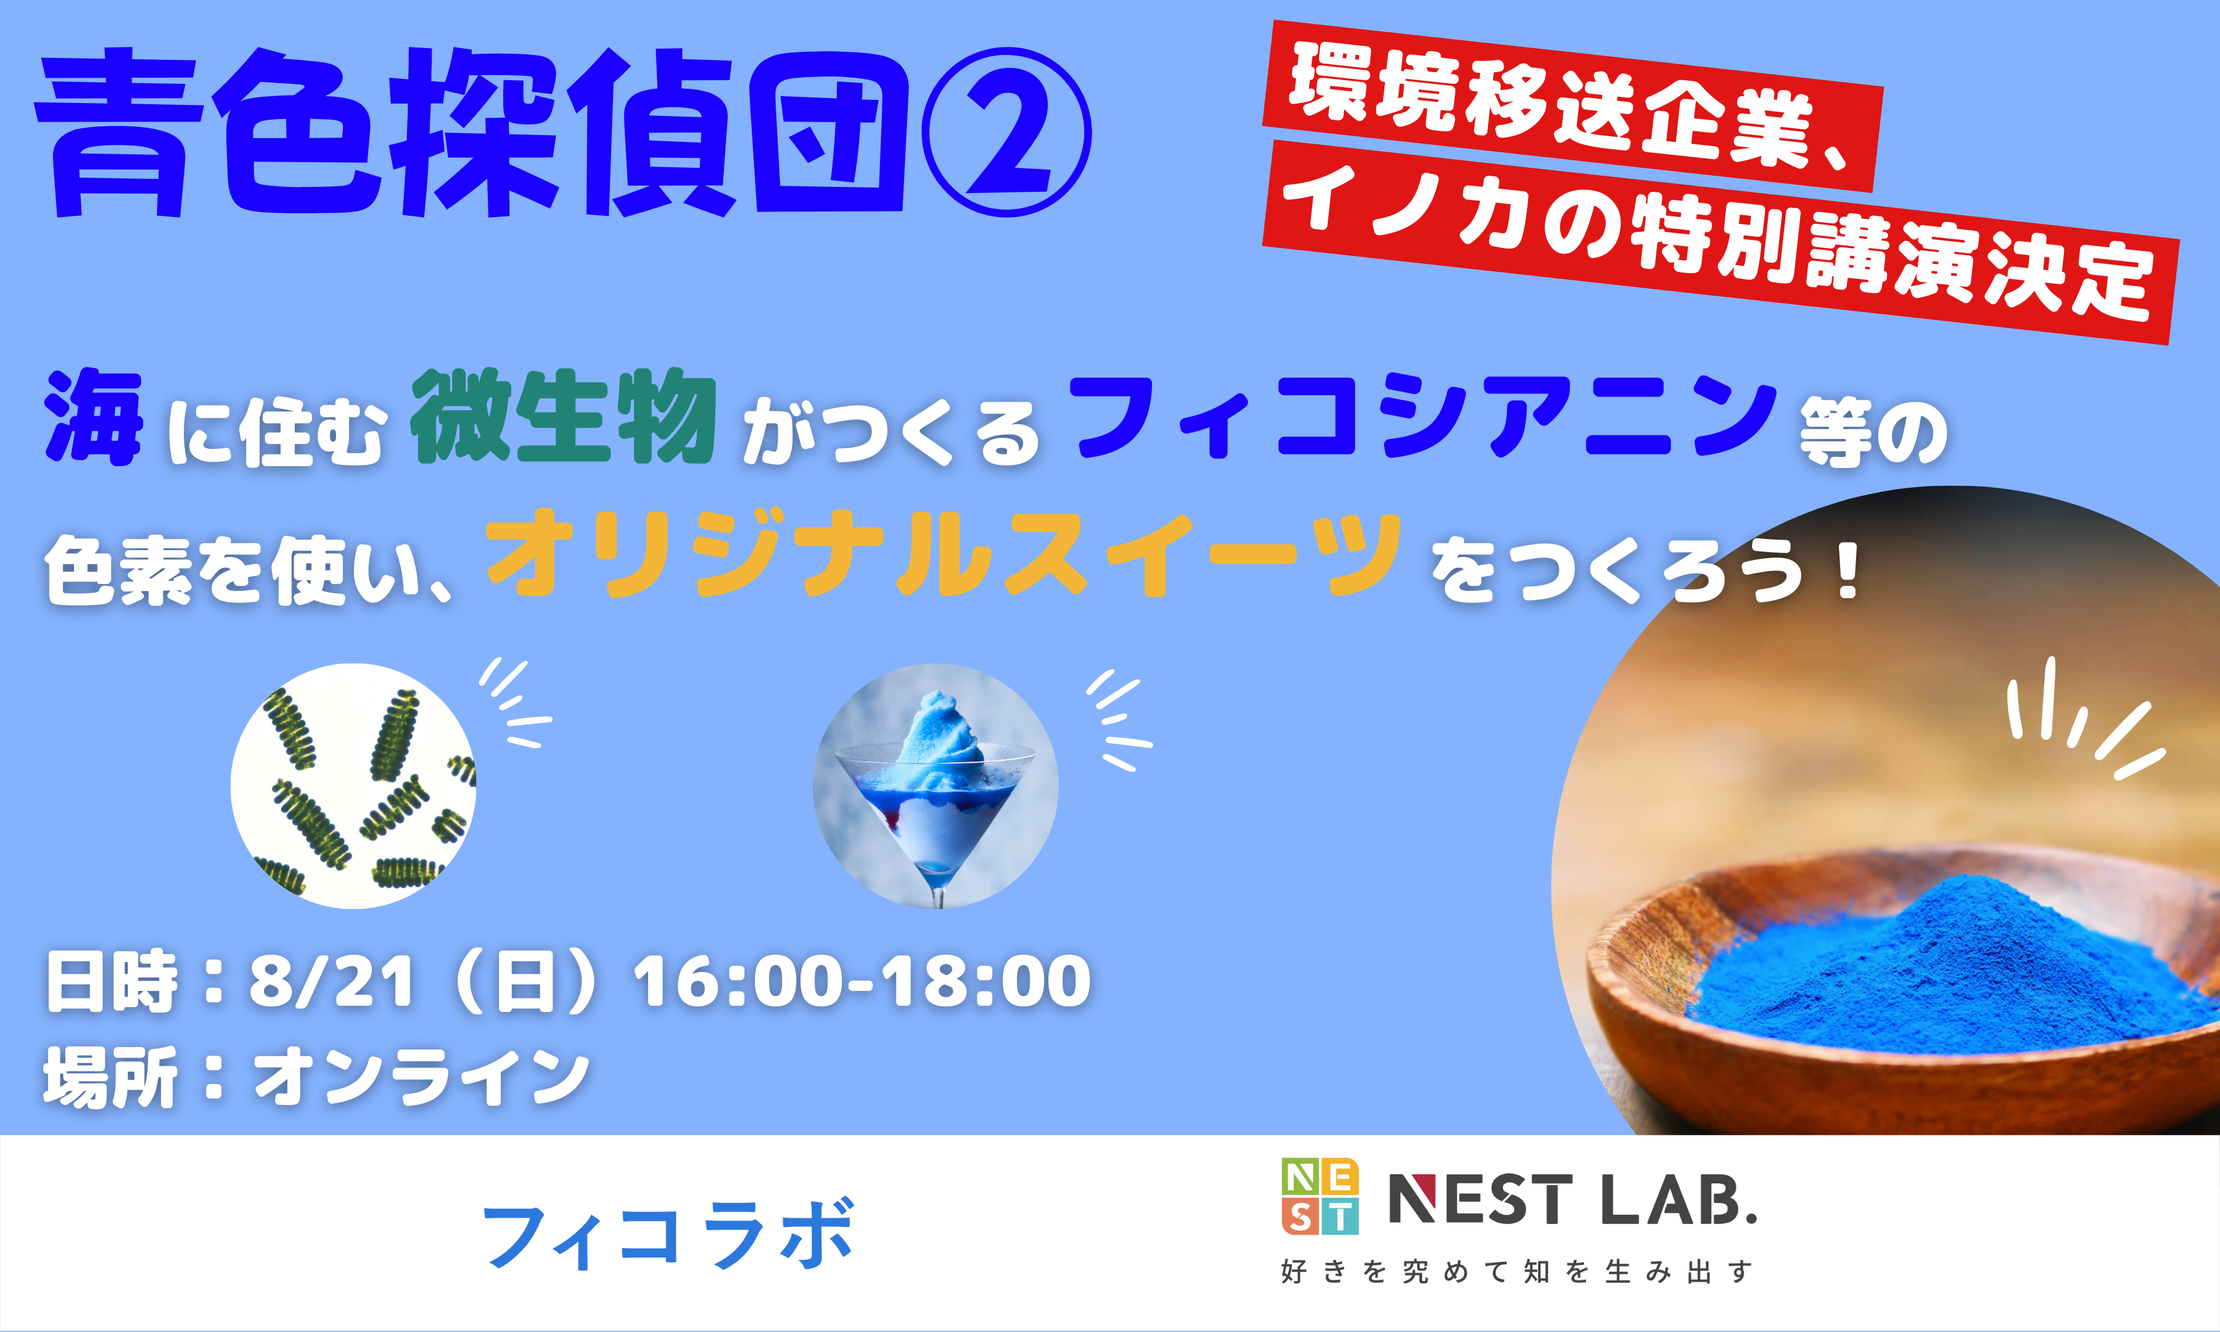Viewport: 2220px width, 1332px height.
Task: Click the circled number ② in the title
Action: tap(1007, 132)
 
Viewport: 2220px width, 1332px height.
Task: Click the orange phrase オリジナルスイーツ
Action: tap(943, 554)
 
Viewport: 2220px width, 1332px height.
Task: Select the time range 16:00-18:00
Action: tap(862, 981)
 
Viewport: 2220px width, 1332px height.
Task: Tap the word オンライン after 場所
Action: tap(422, 1076)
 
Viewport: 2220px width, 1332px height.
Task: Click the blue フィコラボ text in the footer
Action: tap(668, 1236)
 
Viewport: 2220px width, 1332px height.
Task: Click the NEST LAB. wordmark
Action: tap(1572, 1200)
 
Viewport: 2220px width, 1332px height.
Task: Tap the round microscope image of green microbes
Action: tap(353, 786)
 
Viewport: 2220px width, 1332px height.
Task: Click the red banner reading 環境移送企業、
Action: tap(1571, 107)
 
